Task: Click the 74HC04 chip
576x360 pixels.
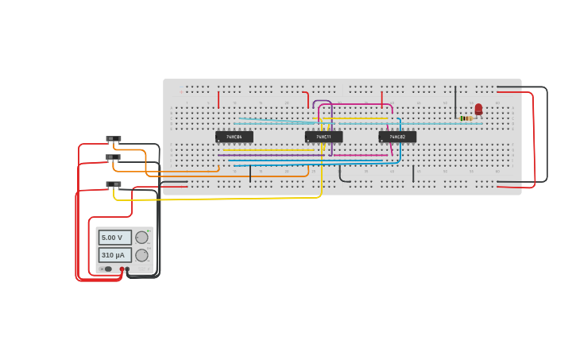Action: coord(234,137)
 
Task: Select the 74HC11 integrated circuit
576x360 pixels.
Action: coord(323,137)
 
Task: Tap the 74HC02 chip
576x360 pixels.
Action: coord(396,137)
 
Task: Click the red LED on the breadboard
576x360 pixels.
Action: coord(478,109)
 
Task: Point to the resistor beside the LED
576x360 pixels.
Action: coord(466,118)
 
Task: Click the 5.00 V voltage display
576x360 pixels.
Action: coord(114,238)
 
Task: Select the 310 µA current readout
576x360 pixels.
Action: coord(114,255)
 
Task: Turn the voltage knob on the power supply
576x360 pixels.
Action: coord(141,238)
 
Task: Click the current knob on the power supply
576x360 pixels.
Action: coord(141,255)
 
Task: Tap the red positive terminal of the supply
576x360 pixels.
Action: coord(122,269)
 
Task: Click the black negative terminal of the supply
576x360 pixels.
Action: coord(127,269)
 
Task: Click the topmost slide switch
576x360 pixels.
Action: coord(114,139)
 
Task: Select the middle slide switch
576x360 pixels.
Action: coord(114,157)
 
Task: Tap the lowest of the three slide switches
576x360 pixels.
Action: coord(114,184)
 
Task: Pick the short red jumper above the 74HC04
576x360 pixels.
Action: coord(218,99)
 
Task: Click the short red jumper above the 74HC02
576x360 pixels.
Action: coord(381,99)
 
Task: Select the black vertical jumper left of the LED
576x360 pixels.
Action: coord(455,102)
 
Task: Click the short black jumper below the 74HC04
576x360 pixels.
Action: coord(250,173)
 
